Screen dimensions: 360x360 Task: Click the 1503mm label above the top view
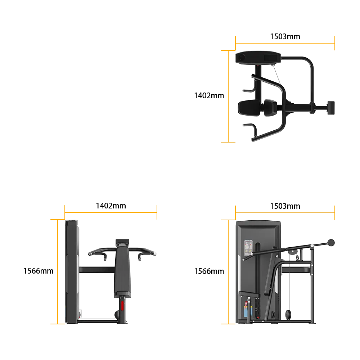[x=285, y=36]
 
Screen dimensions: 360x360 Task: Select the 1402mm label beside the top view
[x=209, y=95]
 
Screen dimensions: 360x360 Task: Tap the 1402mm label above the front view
[x=111, y=206]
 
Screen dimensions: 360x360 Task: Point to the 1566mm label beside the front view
[x=39, y=271]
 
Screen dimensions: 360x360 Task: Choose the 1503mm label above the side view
[x=285, y=206]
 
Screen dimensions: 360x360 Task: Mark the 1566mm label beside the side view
[x=209, y=271]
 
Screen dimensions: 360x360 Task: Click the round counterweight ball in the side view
[x=331, y=243]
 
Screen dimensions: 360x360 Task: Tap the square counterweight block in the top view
[x=331, y=108]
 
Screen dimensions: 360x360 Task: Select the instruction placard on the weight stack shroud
[x=248, y=248]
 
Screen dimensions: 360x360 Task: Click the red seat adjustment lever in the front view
[x=122, y=306]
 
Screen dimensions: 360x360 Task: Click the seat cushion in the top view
[x=249, y=108]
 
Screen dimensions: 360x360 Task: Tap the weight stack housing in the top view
[x=258, y=57]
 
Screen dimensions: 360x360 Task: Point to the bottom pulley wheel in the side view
[x=288, y=315]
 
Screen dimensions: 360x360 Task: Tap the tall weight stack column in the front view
[x=72, y=272]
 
